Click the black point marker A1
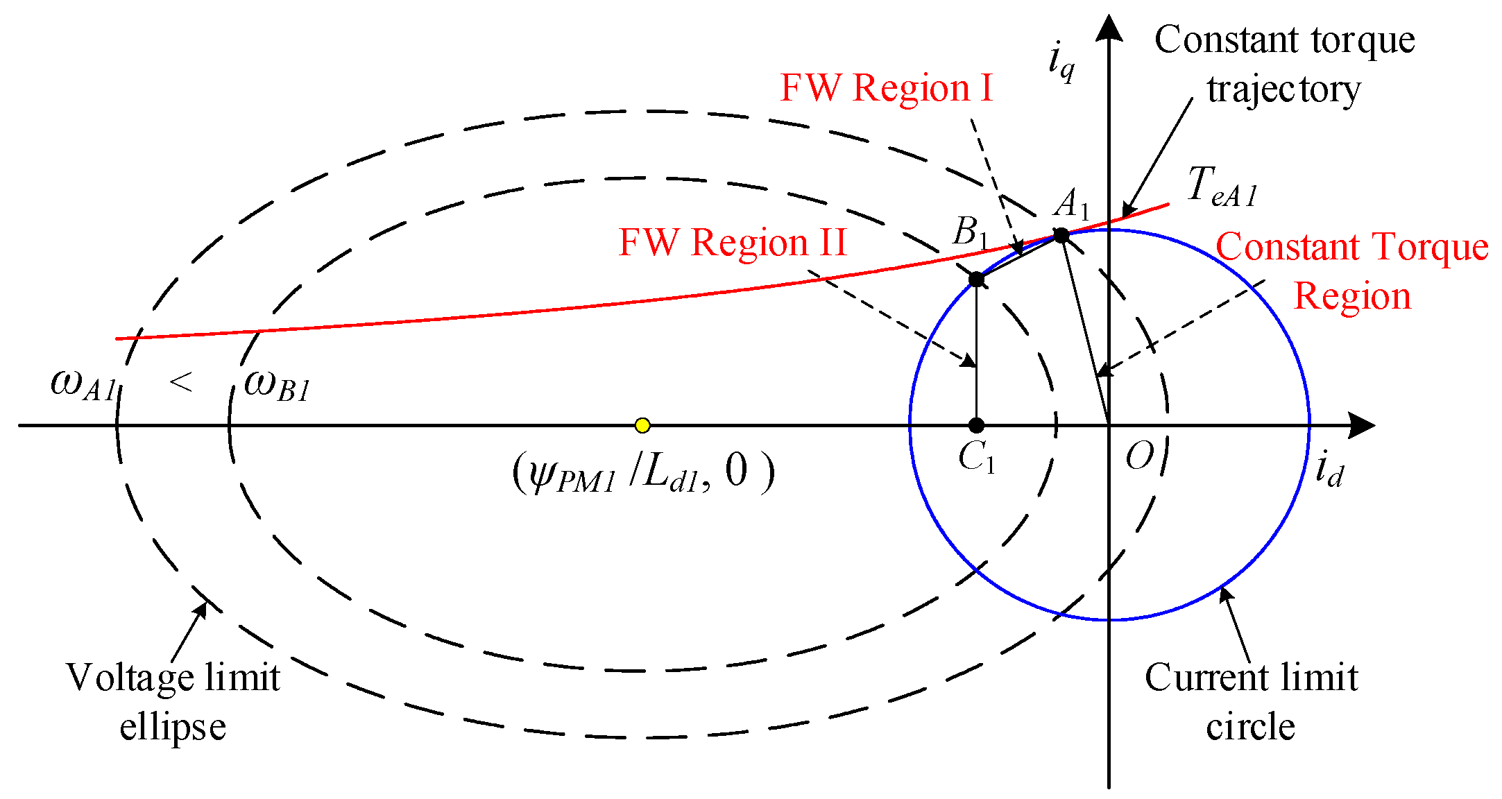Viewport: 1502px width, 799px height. coord(1061,235)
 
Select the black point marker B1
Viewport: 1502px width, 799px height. coord(976,280)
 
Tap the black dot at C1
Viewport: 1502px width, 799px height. coord(976,425)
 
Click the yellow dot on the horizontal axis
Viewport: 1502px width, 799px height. coord(642,425)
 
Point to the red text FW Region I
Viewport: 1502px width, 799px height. coord(887,88)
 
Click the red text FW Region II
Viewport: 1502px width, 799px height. coord(733,243)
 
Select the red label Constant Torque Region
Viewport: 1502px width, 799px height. coord(1351,271)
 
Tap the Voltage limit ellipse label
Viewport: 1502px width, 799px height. coord(173,701)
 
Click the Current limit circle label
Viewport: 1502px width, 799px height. coord(1251,701)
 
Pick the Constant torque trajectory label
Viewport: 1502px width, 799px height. coord(1284,64)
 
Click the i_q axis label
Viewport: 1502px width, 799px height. coord(1061,61)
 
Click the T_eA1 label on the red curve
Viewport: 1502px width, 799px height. coord(1221,187)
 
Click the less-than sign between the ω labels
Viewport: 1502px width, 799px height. coord(181,381)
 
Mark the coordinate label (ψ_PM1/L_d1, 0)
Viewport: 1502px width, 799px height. coord(643,473)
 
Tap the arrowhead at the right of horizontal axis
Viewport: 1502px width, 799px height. coord(1361,425)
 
